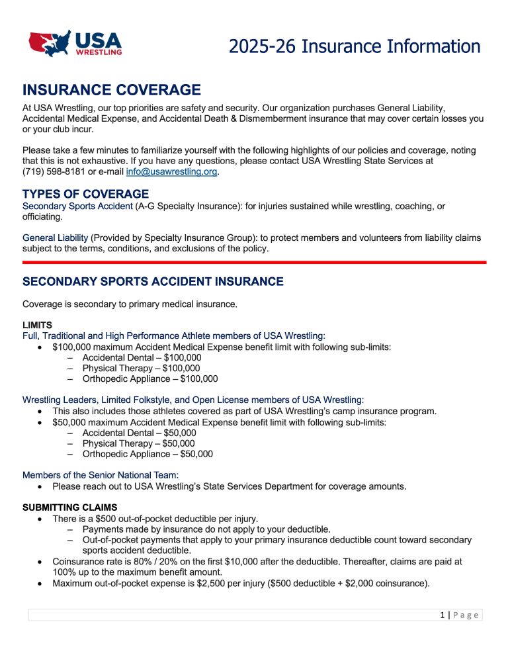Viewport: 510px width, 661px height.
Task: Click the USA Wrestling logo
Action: coord(75,43)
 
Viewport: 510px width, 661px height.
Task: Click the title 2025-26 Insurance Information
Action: coord(355,46)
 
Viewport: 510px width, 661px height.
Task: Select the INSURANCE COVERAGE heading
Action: coord(111,90)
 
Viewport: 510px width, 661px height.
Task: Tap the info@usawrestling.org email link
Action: coord(171,173)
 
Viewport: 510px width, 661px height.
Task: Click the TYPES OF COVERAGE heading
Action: coord(85,194)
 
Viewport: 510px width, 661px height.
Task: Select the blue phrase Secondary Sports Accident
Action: coord(77,206)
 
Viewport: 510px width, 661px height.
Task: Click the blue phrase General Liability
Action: coord(55,238)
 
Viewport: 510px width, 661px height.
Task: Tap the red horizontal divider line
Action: coord(255,262)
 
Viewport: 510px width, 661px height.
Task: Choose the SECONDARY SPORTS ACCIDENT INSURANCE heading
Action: coord(153,282)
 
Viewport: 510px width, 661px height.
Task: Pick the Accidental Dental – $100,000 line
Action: coord(142,357)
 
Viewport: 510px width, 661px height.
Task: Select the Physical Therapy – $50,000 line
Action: coord(138,443)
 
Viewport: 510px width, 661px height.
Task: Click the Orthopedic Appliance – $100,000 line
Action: coord(149,379)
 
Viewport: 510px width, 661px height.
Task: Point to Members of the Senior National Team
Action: coord(101,475)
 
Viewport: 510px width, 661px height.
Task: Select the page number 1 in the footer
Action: coord(442,615)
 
